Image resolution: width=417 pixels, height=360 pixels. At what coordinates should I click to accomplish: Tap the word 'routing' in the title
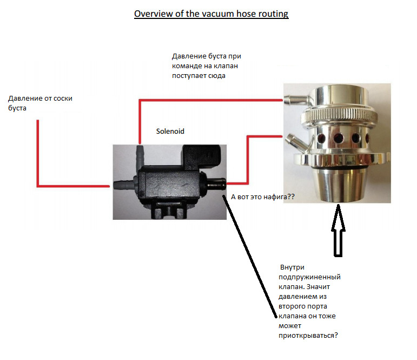pos(274,14)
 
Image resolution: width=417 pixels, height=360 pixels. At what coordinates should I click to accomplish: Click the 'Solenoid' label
pos(170,131)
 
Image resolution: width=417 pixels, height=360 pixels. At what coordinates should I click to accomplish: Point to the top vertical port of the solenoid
pos(140,153)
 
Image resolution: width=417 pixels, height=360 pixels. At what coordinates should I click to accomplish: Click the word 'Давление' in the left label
pos(25,99)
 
